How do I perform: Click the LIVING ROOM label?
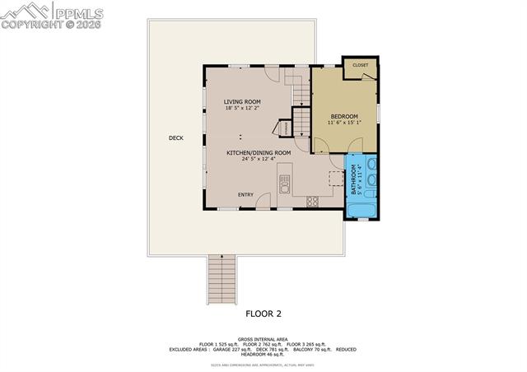(x=242, y=102)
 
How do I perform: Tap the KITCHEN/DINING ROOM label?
(x=259, y=152)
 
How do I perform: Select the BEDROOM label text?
(x=345, y=117)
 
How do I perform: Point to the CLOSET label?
(x=360, y=64)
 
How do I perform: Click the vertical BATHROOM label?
(x=355, y=179)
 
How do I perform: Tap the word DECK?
(x=175, y=138)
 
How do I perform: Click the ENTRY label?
(x=245, y=194)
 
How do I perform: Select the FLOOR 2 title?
(x=263, y=314)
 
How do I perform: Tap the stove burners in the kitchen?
(x=313, y=201)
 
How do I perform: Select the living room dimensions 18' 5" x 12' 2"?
(x=242, y=109)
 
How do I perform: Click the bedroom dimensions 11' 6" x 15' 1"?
(x=345, y=123)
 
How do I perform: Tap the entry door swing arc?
(x=263, y=199)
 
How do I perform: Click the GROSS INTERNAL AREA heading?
(x=263, y=338)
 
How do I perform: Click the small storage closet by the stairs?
(x=282, y=129)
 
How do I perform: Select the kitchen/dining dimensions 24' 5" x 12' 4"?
(x=259, y=159)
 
